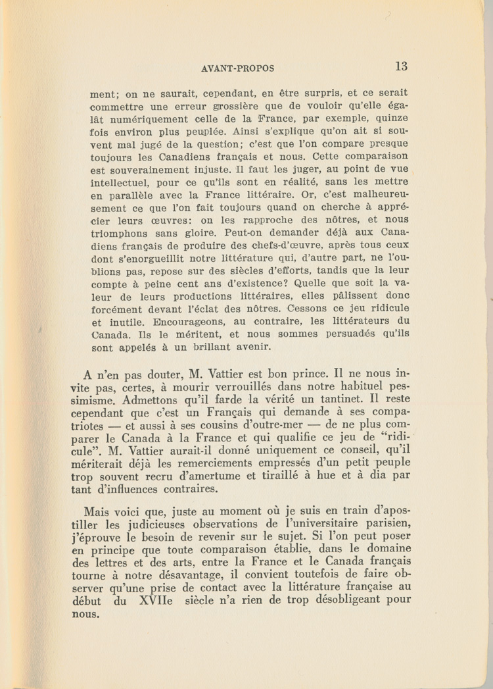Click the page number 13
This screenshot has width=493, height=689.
click(402, 66)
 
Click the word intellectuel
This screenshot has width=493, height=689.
click(120, 182)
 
